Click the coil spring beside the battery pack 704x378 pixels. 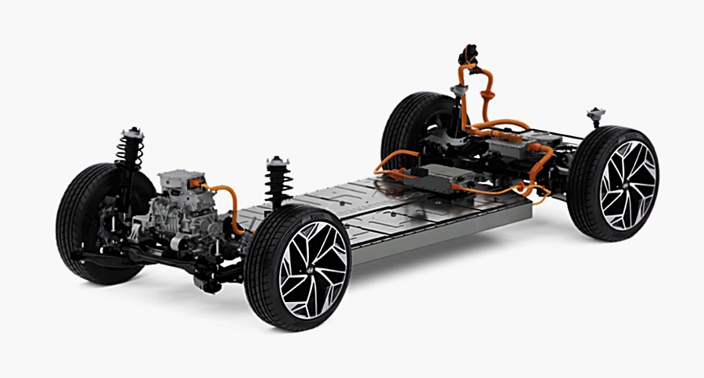click(x=276, y=185)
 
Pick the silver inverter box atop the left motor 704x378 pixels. click(x=181, y=185)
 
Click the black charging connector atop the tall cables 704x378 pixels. click(x=469, y=56)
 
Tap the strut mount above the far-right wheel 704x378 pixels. click(x=595, y=117)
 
